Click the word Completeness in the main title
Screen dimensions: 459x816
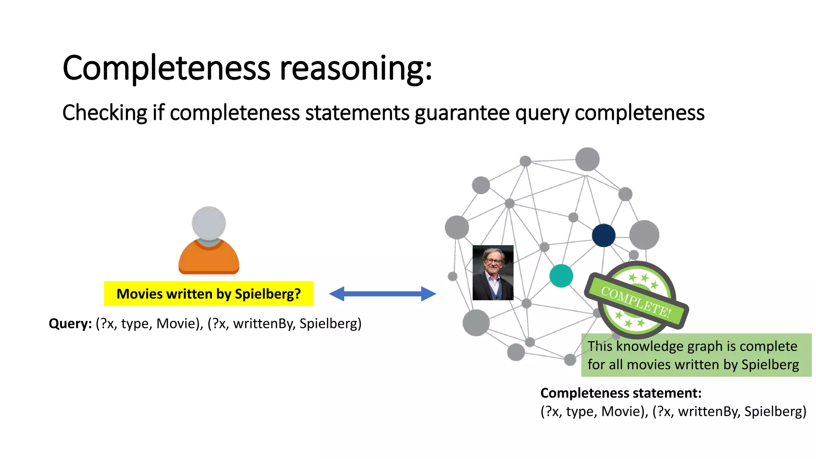[x=167, y=68]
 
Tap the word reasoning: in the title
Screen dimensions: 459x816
[x=356, y=68]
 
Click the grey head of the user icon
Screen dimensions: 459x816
[x=209, y=223]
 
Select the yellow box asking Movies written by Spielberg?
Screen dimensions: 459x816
[x=209, y=294]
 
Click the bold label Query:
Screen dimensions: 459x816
[x=70, y=323]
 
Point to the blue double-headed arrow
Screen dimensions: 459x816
[x=382, y=294]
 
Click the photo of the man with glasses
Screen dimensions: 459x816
[x=493, y=273]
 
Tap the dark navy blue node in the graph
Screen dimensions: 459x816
[x=604, y=235]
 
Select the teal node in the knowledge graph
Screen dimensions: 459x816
[x=561, y=276]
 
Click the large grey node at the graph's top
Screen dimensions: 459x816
[x=587, y=159]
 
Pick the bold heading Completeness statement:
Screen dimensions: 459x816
[x=620, y=393]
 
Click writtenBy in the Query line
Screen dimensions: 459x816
[x=264, y=323]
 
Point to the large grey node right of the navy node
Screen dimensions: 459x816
[x=644, y=235]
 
